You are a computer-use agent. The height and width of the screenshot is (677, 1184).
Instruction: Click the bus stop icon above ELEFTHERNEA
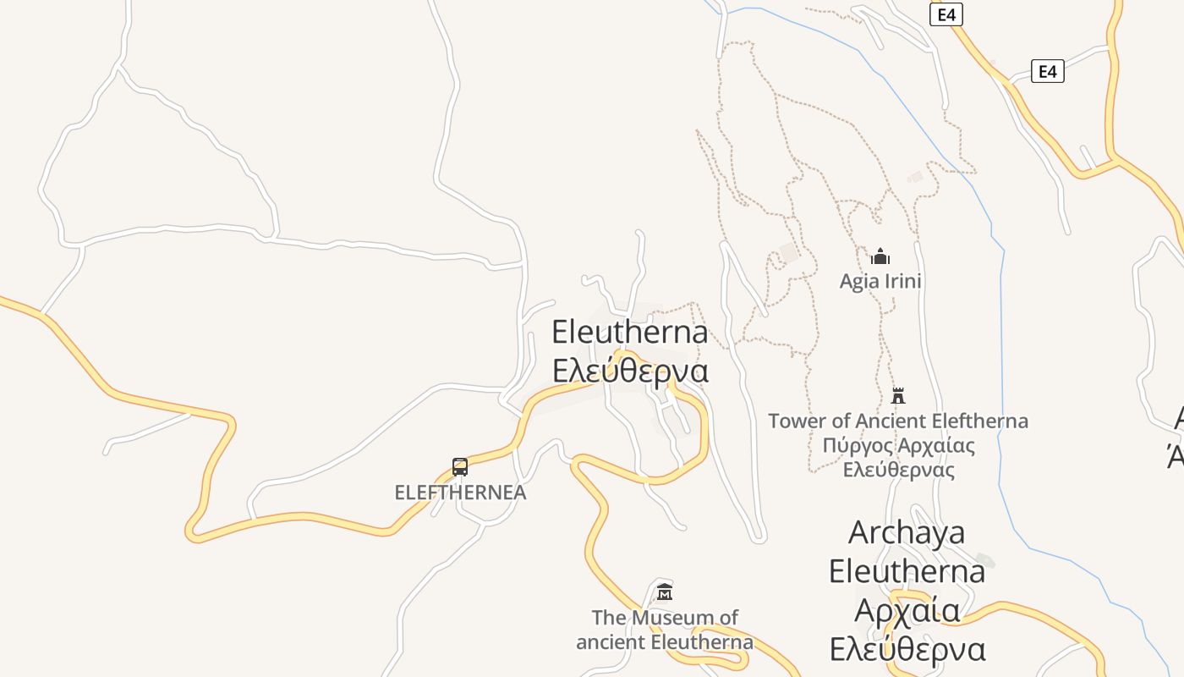point(460,466)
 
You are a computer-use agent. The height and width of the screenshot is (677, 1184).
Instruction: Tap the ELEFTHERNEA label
point(460,493)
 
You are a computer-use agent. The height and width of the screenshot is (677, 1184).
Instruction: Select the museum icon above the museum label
point(665,592)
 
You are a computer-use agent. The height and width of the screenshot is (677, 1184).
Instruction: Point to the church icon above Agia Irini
point(880,256)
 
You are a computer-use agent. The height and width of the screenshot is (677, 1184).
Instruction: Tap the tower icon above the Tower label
point(898,395)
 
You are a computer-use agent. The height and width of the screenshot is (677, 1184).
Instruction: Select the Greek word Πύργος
point(856,445)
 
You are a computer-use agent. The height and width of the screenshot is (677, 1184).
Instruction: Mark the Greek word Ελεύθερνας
point(899,470)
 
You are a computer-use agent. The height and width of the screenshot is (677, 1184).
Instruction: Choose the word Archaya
point(906,532)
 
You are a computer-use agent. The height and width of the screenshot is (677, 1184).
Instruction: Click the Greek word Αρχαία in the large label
point(907,610)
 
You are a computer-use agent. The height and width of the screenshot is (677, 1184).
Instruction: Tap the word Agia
point(858,281)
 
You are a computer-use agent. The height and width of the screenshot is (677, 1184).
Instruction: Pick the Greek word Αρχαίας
point(936,445)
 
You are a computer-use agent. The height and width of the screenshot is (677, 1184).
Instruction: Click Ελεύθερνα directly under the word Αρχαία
point(907,649)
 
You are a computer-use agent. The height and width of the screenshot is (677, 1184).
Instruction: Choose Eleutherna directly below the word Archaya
point(907,571)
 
